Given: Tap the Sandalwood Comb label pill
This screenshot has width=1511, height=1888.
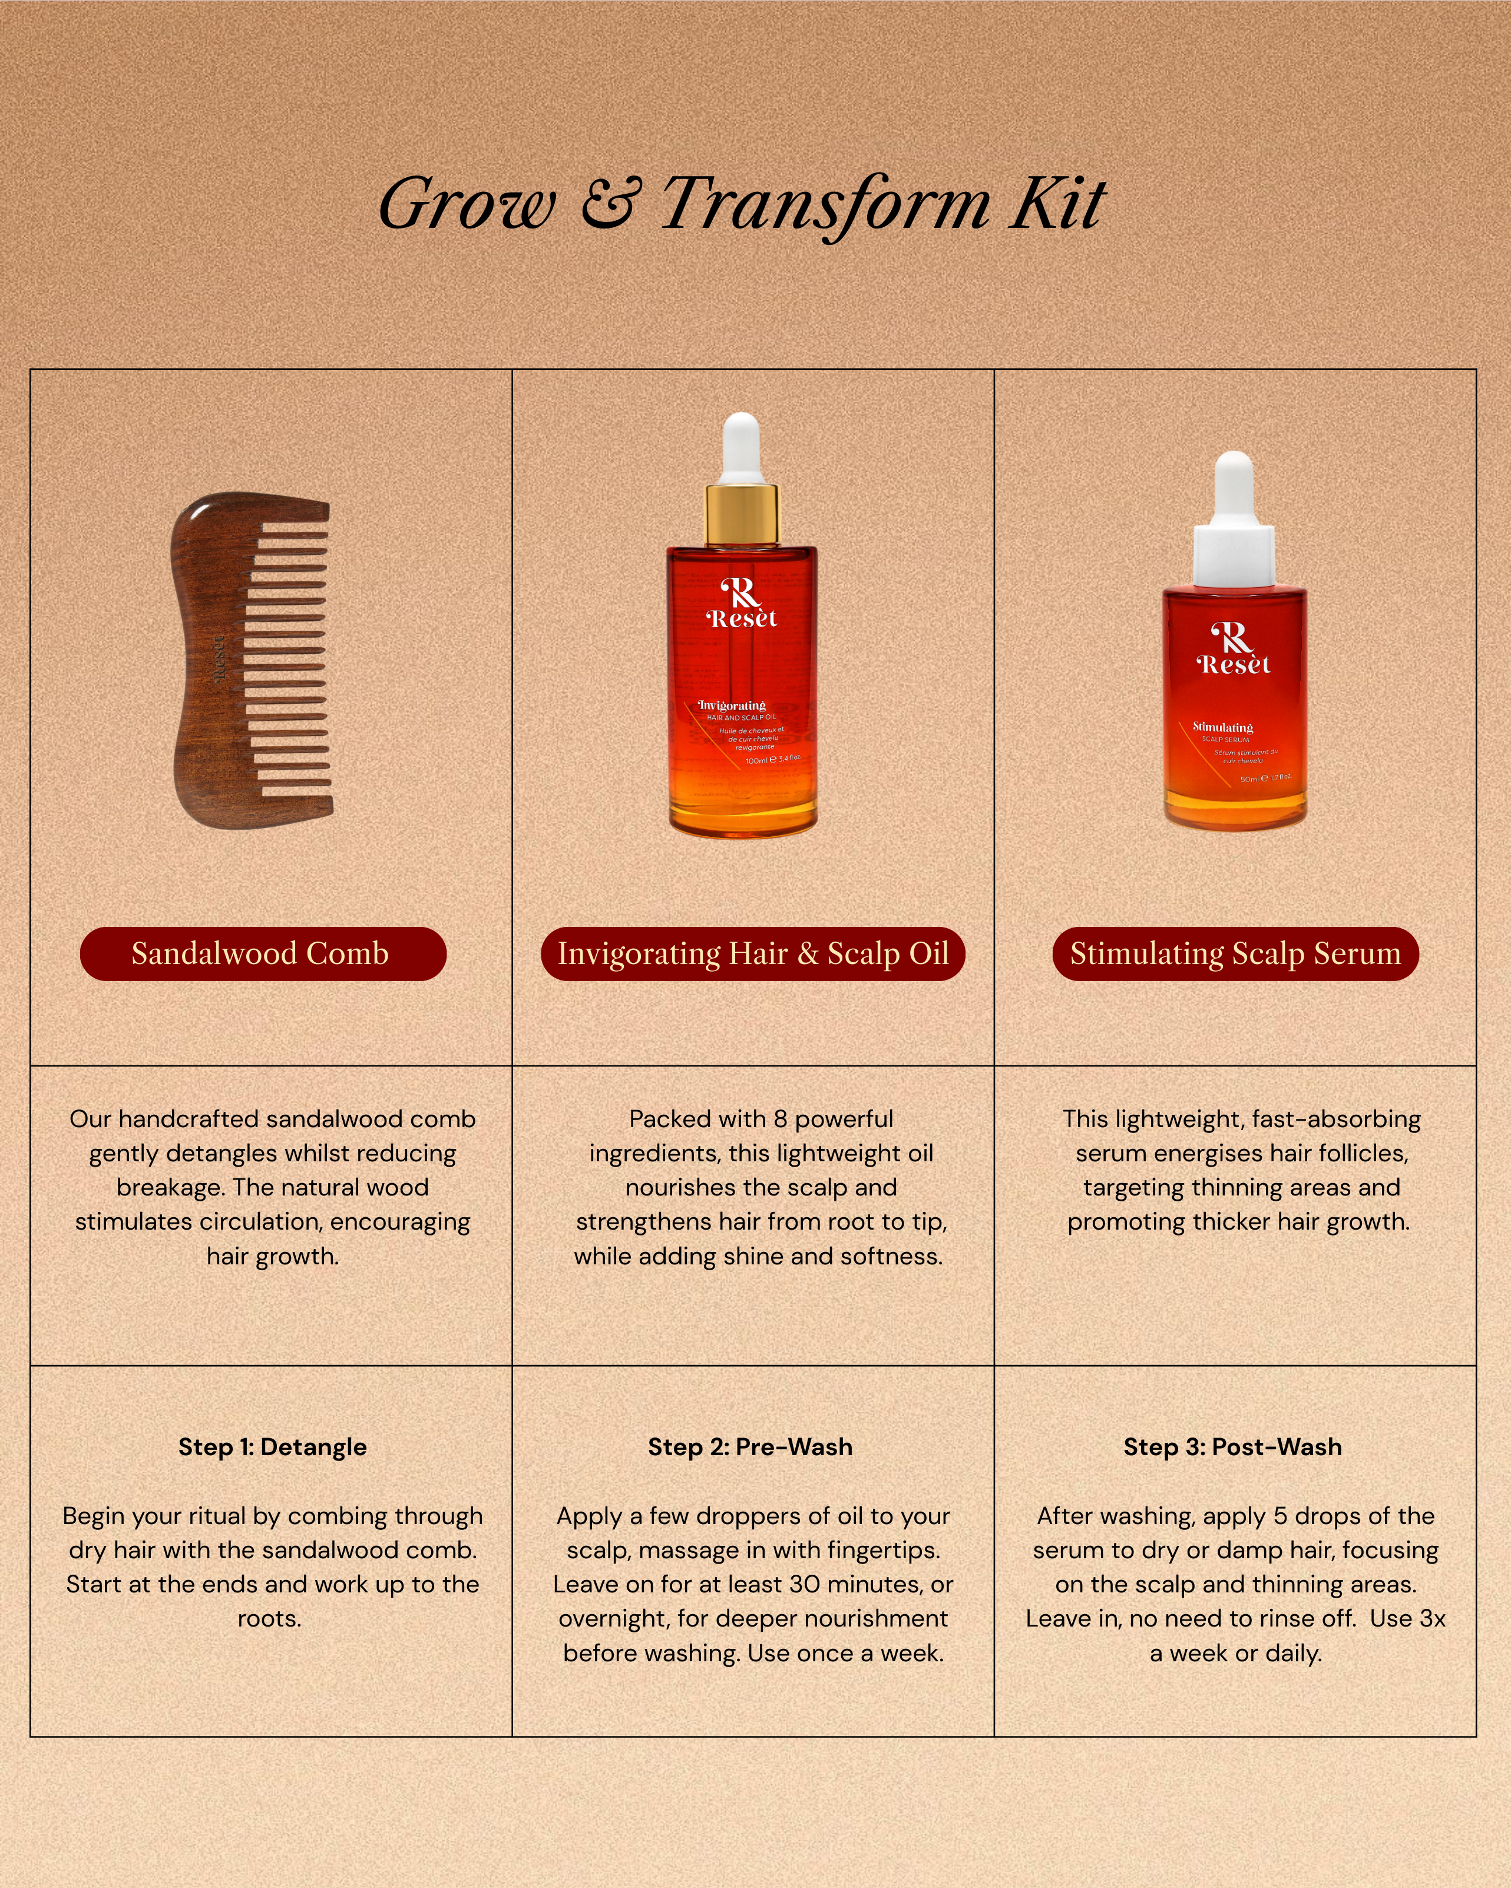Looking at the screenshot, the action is click(x=263, y=953).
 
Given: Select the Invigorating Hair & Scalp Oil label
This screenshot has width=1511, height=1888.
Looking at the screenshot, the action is click(x=753, y=953).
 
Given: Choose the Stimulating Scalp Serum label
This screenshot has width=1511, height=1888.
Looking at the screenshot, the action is click(x=1235, y=953).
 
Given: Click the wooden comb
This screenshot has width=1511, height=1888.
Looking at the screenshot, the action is click(x=252, y=661).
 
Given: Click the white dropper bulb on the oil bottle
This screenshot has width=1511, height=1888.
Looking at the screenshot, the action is click(x=741, y=446).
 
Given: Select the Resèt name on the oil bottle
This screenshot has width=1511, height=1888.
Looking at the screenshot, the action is click(x=742, y=619).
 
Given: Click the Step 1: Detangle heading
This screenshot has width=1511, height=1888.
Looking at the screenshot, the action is click(x=272, y=1447).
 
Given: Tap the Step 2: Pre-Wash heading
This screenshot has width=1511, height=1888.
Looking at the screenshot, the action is click(x=750, y=1447).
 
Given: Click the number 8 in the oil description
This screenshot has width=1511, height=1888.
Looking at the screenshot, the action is click(x=781, y=1119).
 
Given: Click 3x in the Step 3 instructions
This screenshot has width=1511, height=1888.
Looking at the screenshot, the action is click(x=1432, y=1618).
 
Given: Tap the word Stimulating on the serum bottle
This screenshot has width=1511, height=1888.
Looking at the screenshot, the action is click(x=1223, y=727).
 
